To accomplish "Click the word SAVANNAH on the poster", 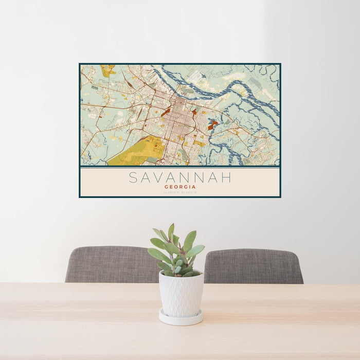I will [x=180, y=178].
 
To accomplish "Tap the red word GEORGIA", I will [x=180, y=187].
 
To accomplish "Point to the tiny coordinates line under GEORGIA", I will [x=180, y=193].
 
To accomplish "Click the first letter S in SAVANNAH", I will [x=133, y=178].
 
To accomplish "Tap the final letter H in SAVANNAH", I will [x=226, y=178].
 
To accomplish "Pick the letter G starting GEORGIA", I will [x=166, y=187].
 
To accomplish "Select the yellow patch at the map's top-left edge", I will [x=108, y=70].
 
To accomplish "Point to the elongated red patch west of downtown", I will [x=166, y=112].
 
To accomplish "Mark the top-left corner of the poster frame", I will [x=80, y=64].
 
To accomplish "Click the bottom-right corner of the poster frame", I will [x=280, y=197].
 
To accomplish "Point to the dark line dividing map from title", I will [x=180, y=167].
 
